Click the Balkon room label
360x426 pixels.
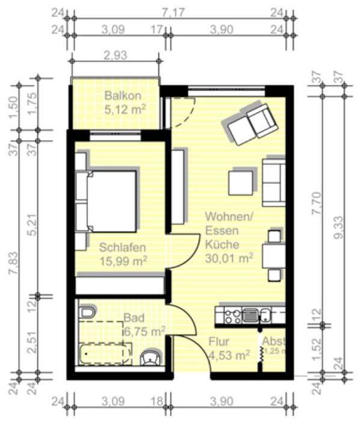122,96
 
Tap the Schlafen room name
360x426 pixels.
123,247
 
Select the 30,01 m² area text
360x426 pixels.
229,259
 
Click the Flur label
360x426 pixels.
220,342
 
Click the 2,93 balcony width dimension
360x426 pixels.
115,55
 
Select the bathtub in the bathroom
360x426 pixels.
106,354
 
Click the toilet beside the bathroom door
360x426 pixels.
149,359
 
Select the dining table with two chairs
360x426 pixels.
274,255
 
